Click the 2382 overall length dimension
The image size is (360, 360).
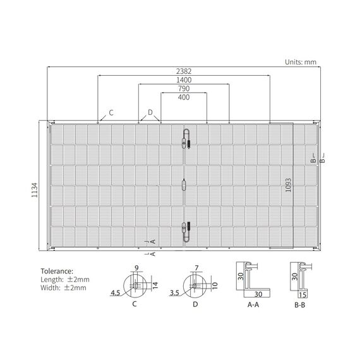point(184,71)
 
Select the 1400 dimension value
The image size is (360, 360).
point(184,80)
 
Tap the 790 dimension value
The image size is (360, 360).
point(184,88)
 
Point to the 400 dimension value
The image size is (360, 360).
point(184,97)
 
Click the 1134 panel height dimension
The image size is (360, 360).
point(35,190)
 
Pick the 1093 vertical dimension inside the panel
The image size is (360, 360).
point(288,185)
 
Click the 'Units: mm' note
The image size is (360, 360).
point(301,62)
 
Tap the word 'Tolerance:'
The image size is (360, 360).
point(57,271)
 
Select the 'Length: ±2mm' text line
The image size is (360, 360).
point(65,279)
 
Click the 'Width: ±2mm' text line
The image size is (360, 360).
point(63,287)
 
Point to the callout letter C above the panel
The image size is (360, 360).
point(111,112)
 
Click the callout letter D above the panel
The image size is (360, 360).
point(150,112)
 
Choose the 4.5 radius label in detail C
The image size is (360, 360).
point(116,292)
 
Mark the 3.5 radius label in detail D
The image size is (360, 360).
point(174,292)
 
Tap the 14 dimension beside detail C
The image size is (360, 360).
point(155,285)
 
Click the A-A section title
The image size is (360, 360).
point(253,304)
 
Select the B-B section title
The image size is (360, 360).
point(300,305)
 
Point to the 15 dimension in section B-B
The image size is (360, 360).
point(303,295)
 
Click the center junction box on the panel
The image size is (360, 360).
point(184,185)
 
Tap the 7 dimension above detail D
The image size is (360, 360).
point(196,268)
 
